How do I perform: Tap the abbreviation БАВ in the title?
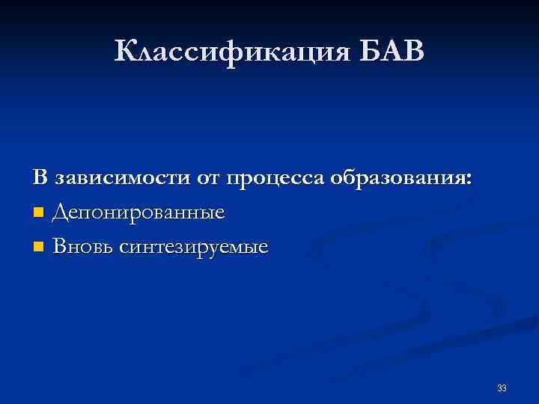(392, 52)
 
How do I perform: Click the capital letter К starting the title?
(127, 52)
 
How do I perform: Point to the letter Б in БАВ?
(371, 52)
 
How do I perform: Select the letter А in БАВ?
(392, 52)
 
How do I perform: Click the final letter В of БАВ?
(413, 52)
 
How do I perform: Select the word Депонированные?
(138, 213)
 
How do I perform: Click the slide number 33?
(502, 388)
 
